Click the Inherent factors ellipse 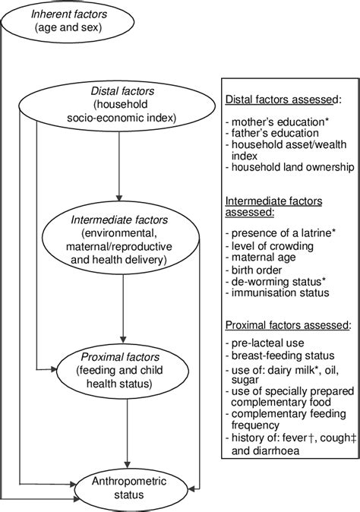point(58,21)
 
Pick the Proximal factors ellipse point(125,371)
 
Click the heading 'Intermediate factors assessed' point(273,207)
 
